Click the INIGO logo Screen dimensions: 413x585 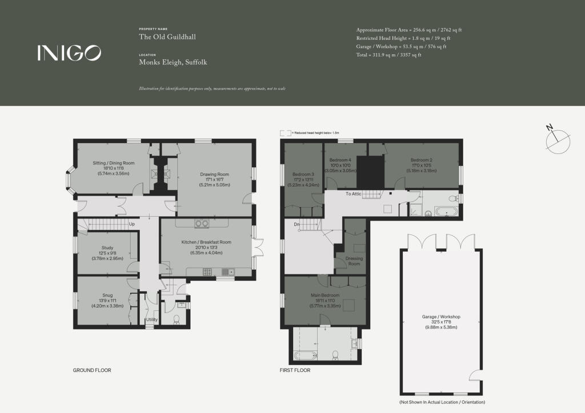coord(69,53)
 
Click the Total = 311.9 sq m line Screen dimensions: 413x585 coord(388,55)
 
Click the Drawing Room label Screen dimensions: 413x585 coord(214,175)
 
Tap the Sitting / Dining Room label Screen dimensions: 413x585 coord(113,163)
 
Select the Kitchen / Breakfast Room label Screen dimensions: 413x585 coord(206,242)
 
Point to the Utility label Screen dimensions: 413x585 coord(151,320)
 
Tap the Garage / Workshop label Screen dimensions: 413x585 coord(440,317)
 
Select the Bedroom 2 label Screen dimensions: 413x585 coord(420,160)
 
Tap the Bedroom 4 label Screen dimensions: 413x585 coord(340,160)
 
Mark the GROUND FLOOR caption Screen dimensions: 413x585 coord(92,370)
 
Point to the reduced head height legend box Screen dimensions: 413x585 coord(285,132)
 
